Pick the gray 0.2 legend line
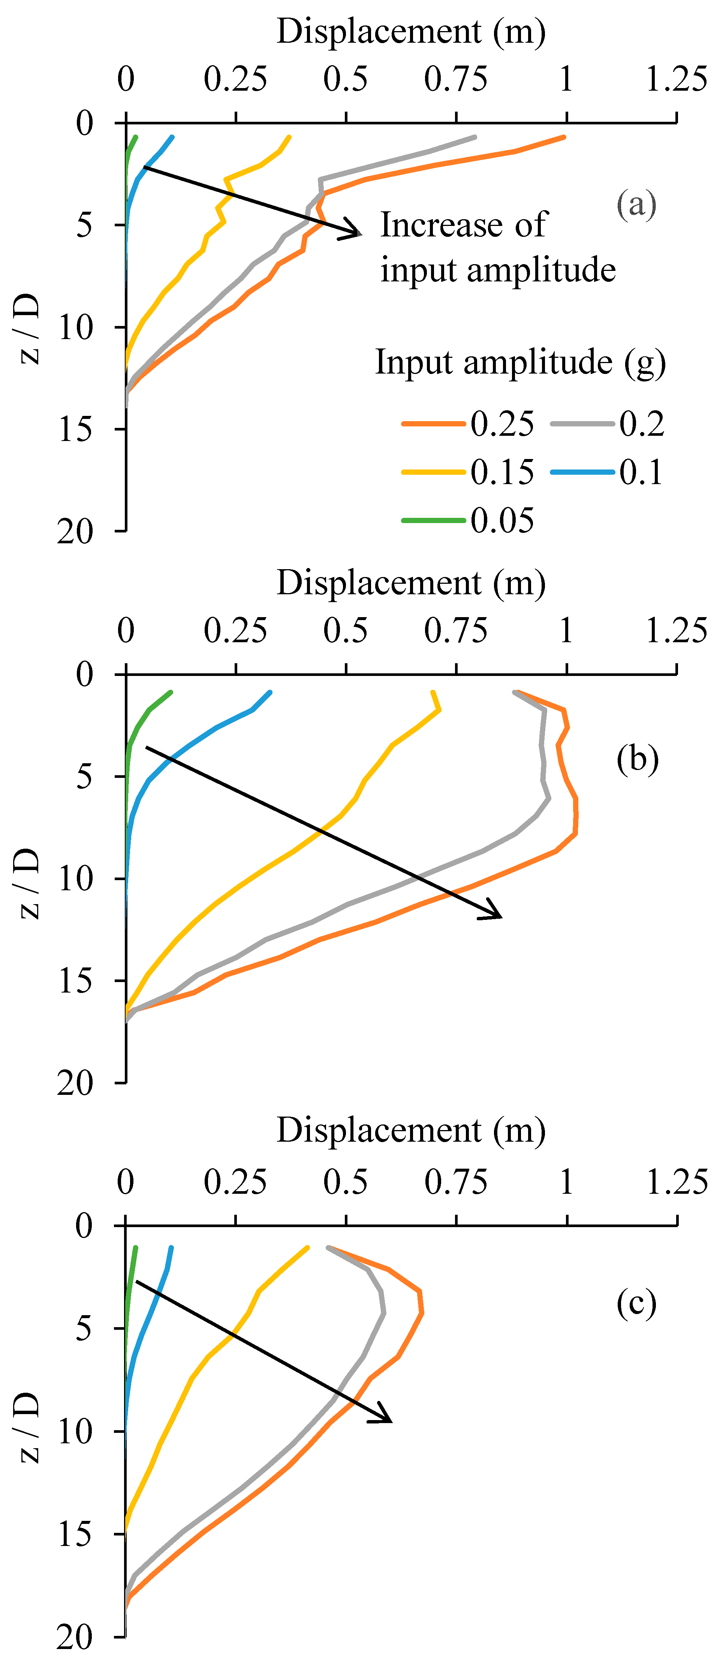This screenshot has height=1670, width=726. (x=582, y=424)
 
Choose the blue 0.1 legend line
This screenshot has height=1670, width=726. (x=582, y=472)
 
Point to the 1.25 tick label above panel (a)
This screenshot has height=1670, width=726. (x=676, y=79)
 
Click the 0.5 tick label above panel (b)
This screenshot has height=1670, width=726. (x=346, y=631)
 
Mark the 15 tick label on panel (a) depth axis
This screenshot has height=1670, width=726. (x=76, y=429)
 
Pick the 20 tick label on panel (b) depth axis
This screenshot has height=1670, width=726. (x=75, y=1082)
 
